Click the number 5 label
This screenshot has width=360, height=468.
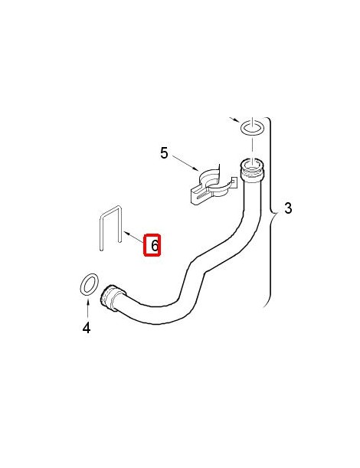pos(164,153)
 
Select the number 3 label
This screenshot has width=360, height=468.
pos(288,208)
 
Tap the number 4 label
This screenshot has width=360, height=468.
pos(87,328)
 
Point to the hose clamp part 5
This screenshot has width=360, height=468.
pos(213,187)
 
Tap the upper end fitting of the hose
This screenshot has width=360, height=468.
pos(252,170)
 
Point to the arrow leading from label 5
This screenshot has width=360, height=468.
pos(185,162)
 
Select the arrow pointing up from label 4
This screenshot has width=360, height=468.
pos(87,309)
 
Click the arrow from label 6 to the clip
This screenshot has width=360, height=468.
pos(134,237)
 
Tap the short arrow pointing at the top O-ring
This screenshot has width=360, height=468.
pos(234,119)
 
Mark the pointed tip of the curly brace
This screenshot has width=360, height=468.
pos(277,212)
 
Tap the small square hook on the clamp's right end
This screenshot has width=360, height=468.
pos(234,181)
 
